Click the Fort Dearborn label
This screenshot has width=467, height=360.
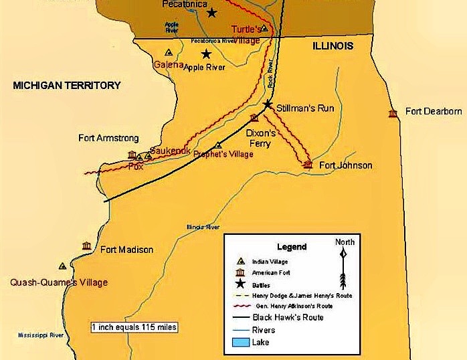[434, 111]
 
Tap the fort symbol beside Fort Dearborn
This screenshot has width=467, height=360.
[393, 113]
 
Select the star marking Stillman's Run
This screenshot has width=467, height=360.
[268, 104]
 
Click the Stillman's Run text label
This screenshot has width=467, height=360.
[306, 108]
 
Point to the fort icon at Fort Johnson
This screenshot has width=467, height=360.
[308, 164]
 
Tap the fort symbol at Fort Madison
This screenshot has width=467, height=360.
[86, 246]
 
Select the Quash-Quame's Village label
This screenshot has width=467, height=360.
[59, 282]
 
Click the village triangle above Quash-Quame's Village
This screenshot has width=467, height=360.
[62, 266]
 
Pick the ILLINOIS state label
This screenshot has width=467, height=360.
[333, 46]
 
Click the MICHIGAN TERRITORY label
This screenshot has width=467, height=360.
[67, 85]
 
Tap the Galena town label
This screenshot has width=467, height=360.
[168, 64]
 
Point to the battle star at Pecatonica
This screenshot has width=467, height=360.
[212, 13]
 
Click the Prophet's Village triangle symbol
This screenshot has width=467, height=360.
[218, 145]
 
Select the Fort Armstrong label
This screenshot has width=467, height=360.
[108, 139]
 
